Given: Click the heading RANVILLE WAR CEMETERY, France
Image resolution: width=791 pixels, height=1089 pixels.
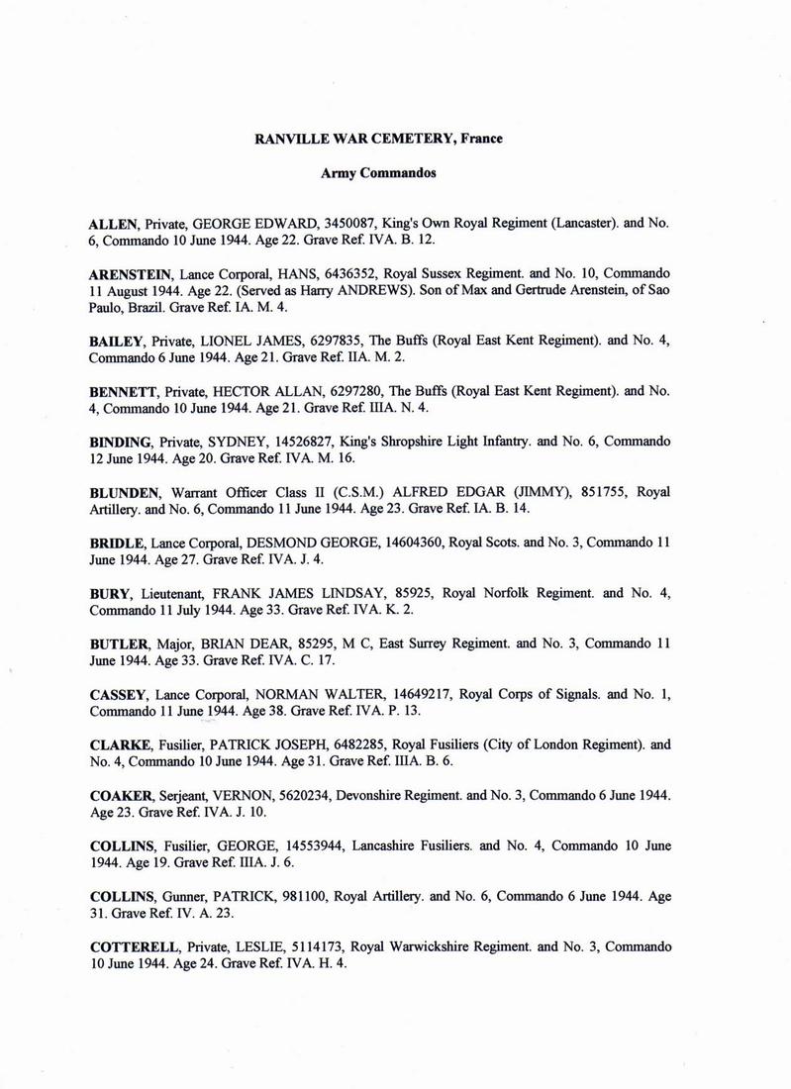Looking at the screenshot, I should click(x=378, y=139).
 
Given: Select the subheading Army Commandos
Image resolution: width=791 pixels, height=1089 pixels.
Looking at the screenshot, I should click(x=378, y=173).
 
